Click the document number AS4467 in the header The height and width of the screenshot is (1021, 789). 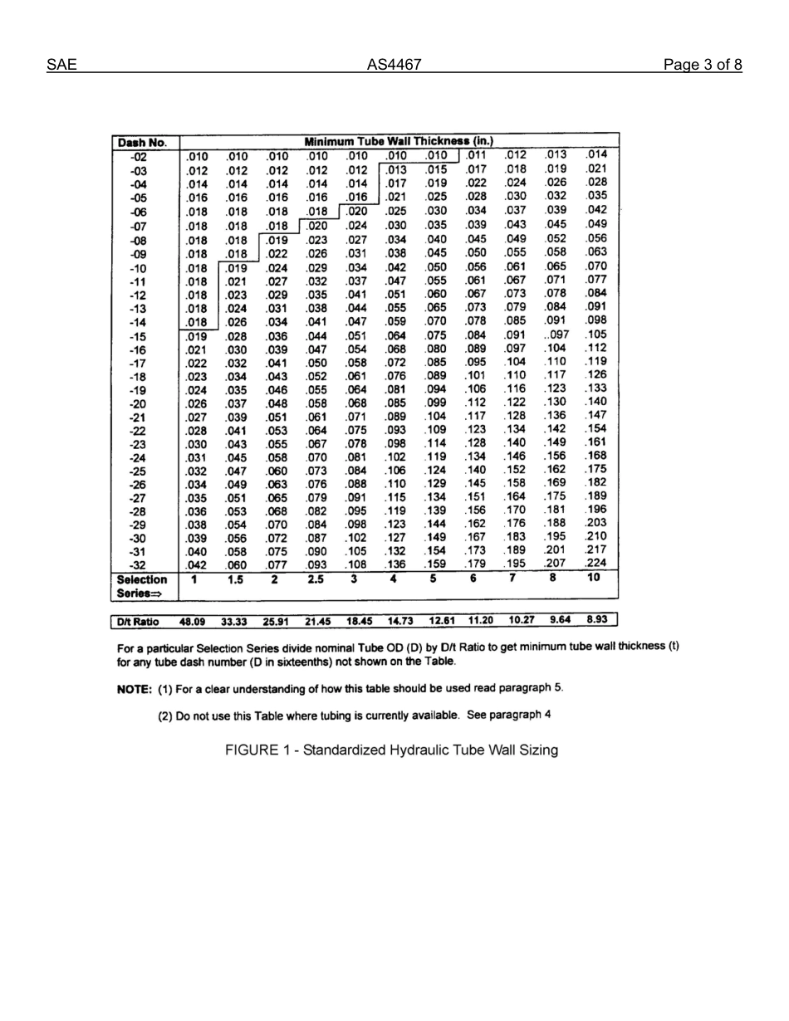394,65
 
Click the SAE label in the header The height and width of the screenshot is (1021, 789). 61,65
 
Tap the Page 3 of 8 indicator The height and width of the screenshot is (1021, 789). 703,65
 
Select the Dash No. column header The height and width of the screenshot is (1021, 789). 143,142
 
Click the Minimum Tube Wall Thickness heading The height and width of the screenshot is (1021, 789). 399,142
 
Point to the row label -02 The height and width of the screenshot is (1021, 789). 138,157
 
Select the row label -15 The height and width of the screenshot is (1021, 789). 138,337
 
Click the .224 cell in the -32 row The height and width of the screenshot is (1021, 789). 595,562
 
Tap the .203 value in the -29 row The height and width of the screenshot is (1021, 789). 595,522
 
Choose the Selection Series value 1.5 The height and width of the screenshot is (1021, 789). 236,580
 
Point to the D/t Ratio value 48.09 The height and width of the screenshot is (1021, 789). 193,622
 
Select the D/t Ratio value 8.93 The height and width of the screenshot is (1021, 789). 598,619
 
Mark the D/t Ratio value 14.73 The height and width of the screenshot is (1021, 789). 400,621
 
